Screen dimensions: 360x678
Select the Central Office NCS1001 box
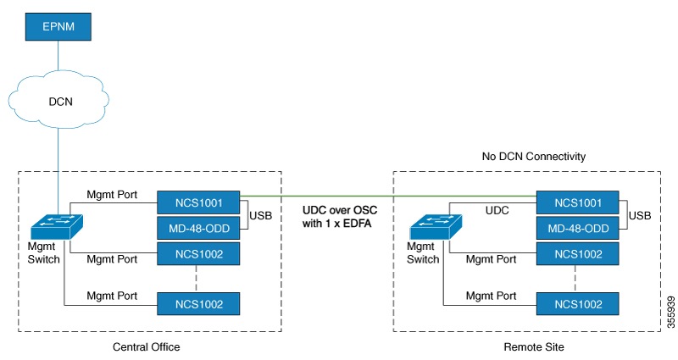coord(199,202)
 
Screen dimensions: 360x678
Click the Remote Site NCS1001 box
coord(579,202)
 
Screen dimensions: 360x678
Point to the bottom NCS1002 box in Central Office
coord(199,303)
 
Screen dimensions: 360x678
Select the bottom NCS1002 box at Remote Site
coord(579,303)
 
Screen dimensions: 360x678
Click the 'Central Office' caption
coord(146,346)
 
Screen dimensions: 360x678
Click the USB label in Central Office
coord(261,217)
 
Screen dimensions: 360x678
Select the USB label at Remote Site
coord(641,217)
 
